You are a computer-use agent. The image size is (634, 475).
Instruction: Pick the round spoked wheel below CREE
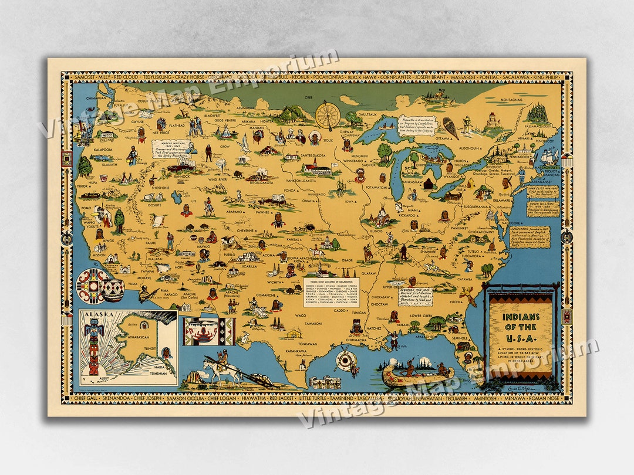pyautogui.click(x=328, y=116)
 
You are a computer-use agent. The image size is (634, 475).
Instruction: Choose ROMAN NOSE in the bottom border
pyautogui.click(x=549, y=399)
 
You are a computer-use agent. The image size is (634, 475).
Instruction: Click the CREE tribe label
pyautogui.click(x=308, y=97)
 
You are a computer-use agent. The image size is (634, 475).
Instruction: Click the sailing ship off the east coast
pyautogui.click(x=549, y=157)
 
